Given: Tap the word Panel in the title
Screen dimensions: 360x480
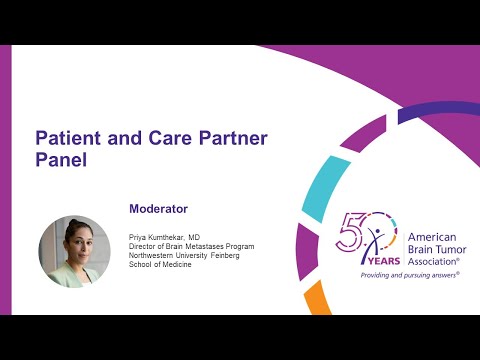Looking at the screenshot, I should [62, 158].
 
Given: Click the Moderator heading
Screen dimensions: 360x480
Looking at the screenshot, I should [158, 209].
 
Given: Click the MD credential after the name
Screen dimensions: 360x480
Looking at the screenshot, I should [209, 237].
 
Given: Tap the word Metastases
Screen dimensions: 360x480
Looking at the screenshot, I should [211, 246].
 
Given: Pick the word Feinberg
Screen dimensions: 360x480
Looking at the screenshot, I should [239, 256].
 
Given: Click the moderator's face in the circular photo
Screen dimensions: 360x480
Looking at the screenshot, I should [74, 242].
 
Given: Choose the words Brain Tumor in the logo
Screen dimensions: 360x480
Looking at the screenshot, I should [439, 249].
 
